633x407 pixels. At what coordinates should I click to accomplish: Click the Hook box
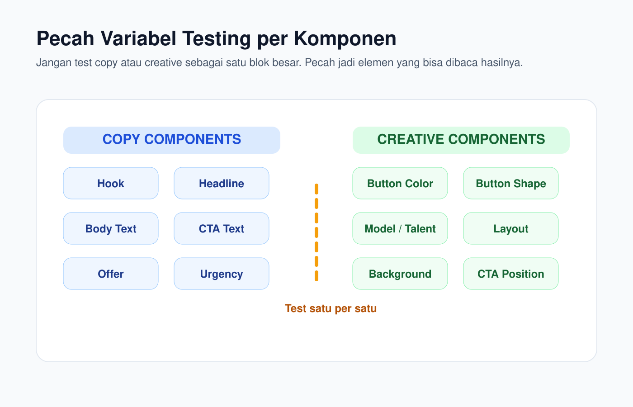pyautogui.click(x=111, y=183)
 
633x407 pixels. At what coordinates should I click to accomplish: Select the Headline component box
pyautogui.click(x=222, y=183)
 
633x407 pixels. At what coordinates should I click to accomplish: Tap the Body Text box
pyautogui.click(x=111, y=228)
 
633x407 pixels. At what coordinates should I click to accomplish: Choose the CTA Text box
pyautogui.click(x=222, y=228)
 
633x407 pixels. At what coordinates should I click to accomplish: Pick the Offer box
pyautogui.click(x=111, y=274)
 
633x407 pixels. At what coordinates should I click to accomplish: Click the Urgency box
pyautogui.click(x=222, y=274)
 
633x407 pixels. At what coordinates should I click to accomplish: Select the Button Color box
pyautogui.click(x=400, y=183)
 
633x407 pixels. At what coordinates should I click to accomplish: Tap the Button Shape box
pyautogui.click(x=511, y=183)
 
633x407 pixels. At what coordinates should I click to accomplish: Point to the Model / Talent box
pyautogui.click(x=400, y=228)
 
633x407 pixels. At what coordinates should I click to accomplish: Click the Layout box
pyautogui.click(x=511, y=228)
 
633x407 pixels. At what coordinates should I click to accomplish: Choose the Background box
pyautogui.click(x=400, y=274)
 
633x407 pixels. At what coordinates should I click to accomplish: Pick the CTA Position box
pyautogui.click(x=511, y=274)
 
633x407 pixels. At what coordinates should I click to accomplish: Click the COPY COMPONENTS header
pyautogui.click(x=172, y=140)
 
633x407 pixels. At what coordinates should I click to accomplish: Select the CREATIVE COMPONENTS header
pyautogui.click(x=461, y=140)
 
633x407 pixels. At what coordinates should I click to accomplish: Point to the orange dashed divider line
pyautogui.click(x=316, y=232)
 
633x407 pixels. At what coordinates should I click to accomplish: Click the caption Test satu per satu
pyautogui.click(x=331, y=308)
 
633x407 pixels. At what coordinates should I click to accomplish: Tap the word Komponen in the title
pyautogui.click(x=345, y=39)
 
